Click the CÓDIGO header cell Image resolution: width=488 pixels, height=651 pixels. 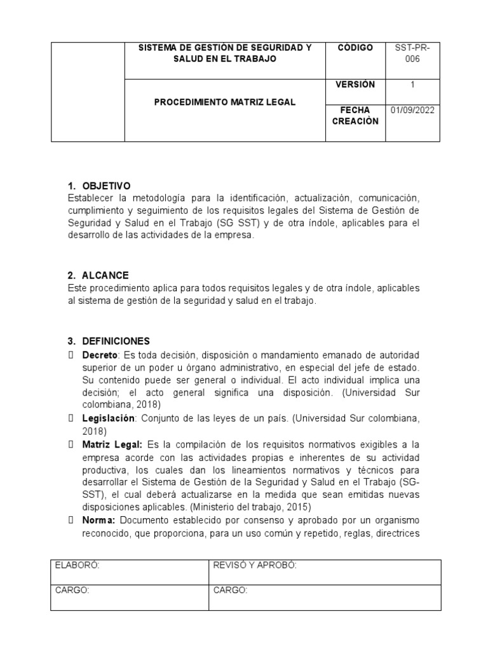click(355, 48)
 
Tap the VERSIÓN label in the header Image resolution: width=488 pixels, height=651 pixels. click(355, 85)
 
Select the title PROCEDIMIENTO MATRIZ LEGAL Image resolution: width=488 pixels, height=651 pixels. click(226, 102)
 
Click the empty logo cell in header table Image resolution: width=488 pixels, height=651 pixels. click(88, 92)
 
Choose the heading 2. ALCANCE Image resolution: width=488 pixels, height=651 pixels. click(98, 275)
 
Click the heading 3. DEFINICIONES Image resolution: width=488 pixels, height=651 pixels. click(109, 341)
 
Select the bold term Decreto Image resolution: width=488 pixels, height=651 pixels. click(97, 354)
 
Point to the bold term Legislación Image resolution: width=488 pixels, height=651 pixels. click(109, 418)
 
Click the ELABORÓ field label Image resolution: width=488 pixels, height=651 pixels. click(78, 566)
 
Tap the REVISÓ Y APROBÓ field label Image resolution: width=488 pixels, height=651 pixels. click(255, 566)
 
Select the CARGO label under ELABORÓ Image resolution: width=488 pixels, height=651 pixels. click(72, 591)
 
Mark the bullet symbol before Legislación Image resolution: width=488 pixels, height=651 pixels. click(71, 418)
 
